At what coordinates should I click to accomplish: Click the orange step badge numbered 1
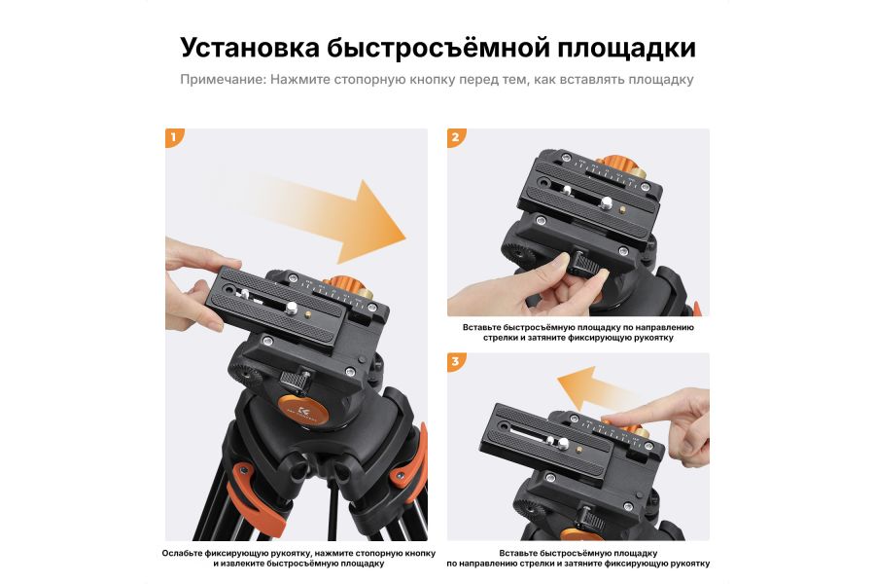point(174,138)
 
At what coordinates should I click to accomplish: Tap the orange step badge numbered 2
point(456,138)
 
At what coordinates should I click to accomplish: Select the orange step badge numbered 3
point(456,363)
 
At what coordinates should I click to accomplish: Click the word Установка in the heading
point(248,49)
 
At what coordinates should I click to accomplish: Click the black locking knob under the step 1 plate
point(293,378)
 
